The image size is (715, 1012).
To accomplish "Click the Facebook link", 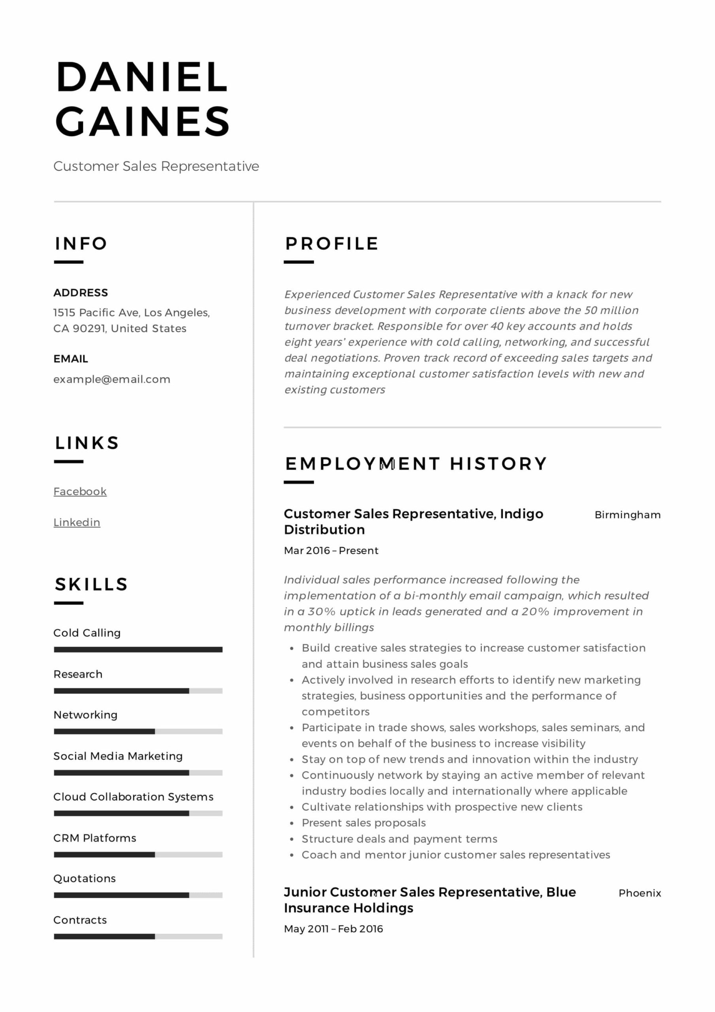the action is pyautogui.click(x=80, y=491).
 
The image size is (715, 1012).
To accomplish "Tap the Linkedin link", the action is pyautogui.click(x=77, y=522).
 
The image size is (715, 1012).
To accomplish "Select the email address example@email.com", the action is pyautogui.click(x=111, y=379).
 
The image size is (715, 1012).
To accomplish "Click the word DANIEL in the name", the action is pyautogui.click(x=141, y=77).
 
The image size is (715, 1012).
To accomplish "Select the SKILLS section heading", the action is pyautogui.click(x=91, y=584).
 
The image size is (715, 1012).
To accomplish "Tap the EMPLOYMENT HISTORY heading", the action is pyautogui.click(x=416, y=464).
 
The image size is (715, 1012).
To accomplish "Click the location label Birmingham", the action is pyautogui.click(x=627, y=515).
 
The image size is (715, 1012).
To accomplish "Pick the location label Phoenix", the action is pyautogui.click(x=639, y=893).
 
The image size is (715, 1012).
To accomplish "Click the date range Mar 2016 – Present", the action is pyautogui.click(x=331, y=551).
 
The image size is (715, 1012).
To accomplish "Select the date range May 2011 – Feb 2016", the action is pyautogui.click(x=333, y=929).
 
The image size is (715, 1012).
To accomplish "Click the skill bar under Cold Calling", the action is pyautogui.click(x=138, y=649).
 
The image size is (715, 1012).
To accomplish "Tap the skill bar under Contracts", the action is pyautogui.click(x=138, y=936).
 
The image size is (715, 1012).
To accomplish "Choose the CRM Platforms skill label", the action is pyautogui.click(x=95, y=838).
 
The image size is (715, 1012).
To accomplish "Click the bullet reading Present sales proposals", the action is pyautogui.click(x=364, y=823).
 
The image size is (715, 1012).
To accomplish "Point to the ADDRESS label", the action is pyautogui.click(x=81, y=293).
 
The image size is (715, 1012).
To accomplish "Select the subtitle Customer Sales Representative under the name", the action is pyautogui.click(x=156, y=166).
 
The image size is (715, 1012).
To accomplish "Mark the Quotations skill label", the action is pyautogui.click(x=85, y=878).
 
